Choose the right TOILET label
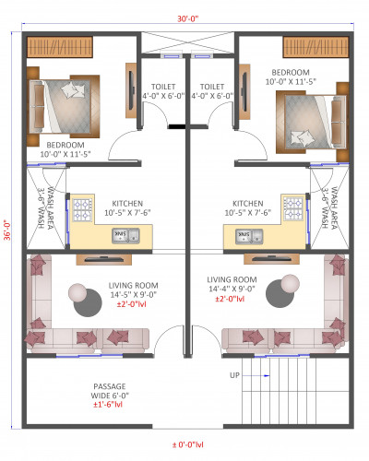click(211, 87)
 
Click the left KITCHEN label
click(126, 203)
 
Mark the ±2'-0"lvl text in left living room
click(125, 303)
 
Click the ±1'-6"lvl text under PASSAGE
click(110, 405)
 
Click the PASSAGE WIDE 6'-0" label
click(110, 390)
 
